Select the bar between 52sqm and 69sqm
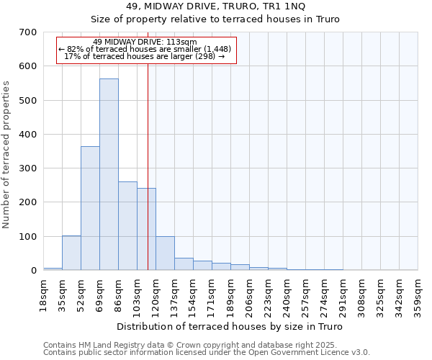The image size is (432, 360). click(90, 208)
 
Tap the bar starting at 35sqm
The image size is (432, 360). click(71, 253)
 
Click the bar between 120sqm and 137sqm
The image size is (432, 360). click(165, 253)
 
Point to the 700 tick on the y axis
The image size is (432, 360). click(29, 32)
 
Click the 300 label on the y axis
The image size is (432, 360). click(29, 168)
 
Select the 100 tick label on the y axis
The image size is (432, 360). click(29, 237)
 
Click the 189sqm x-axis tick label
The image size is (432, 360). click(231, 293)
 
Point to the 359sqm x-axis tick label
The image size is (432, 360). click(418, 293)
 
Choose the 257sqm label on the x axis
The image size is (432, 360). click(306, 293)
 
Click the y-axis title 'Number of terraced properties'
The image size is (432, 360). click(6, 154)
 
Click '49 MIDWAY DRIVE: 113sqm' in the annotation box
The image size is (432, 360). click(145, 42)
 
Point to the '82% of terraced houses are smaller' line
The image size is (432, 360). click(145, 49)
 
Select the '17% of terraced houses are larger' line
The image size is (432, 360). click(145, 56)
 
